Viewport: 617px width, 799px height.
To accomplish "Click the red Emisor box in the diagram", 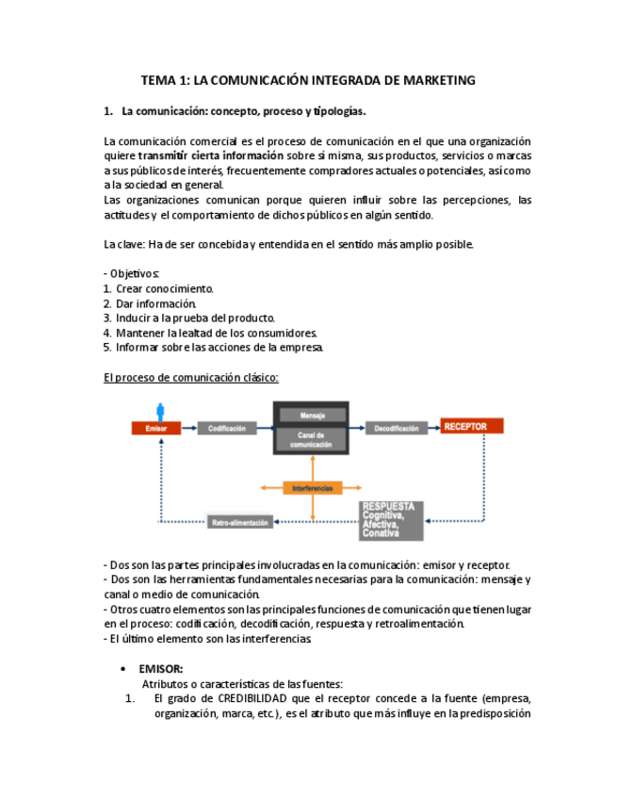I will coord(155,429).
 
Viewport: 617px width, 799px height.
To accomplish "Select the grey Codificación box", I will coord(226,429).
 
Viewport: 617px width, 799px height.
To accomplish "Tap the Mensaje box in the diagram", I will coord(311,415).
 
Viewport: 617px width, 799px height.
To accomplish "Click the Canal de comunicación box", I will coord(311,440).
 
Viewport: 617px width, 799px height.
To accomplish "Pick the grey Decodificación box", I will coord(396,429).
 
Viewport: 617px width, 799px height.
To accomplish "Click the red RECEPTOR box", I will coord(471,427).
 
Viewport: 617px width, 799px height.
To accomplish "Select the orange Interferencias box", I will coord(313,488).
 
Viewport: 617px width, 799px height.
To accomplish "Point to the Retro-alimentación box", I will coord(240,522).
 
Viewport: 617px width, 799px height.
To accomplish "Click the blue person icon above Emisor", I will coord(160,411).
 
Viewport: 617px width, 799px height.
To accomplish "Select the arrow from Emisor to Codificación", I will coord(188,429).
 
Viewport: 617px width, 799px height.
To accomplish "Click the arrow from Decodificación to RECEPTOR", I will coord(434,428).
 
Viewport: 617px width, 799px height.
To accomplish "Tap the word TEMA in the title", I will coord(156,80).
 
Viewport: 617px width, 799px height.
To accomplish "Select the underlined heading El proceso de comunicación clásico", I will coord(190,378).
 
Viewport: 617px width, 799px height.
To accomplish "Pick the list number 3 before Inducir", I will coord(107,318).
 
